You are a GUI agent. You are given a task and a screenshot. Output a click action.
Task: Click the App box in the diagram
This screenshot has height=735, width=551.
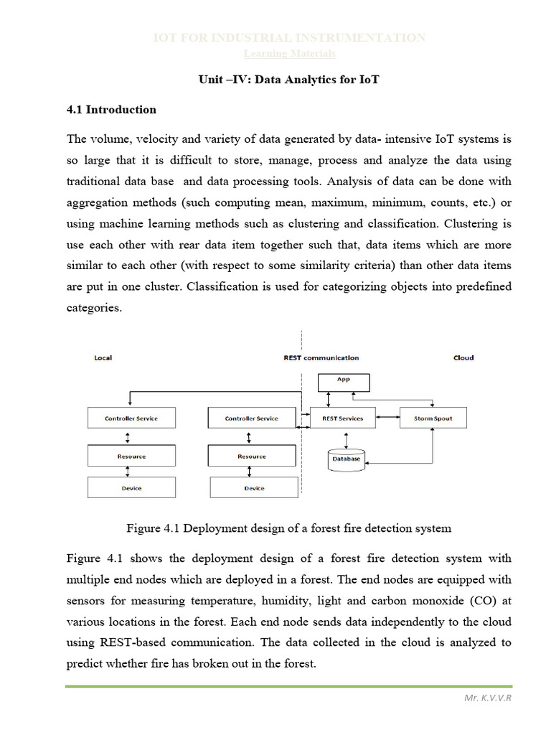tap(343, 380)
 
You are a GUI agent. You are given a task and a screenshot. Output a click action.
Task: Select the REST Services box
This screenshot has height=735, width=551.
tap(342, 418)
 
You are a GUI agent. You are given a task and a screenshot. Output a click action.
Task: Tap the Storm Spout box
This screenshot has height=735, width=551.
tap(433, 418)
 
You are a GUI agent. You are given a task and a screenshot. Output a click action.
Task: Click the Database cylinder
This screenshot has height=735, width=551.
tap(346, 459)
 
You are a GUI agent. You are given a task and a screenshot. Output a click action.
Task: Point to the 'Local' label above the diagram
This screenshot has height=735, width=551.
tap(103, 357)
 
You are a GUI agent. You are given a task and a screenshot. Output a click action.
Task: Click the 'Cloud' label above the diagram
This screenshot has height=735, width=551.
tap(463, 357)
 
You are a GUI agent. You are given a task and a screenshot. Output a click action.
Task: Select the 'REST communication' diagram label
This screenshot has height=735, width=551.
tap(321, 357)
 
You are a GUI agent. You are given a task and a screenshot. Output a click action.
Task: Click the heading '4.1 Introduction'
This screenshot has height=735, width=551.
tap(111, 110)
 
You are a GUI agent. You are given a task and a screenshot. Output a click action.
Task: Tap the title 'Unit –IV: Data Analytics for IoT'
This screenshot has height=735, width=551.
tap(288, 80)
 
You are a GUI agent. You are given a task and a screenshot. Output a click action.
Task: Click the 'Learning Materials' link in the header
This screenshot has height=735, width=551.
tap(290, 54)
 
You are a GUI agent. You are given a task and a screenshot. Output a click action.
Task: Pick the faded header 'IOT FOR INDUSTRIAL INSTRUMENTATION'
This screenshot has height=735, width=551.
tap(290, 38)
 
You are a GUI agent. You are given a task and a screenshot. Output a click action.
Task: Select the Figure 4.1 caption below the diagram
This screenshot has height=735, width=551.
tap(288, 529)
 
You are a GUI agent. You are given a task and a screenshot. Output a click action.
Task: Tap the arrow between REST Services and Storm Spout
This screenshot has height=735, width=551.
tap(388, 418)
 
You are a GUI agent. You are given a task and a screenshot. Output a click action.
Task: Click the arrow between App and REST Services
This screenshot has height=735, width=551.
tap(327, 398)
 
